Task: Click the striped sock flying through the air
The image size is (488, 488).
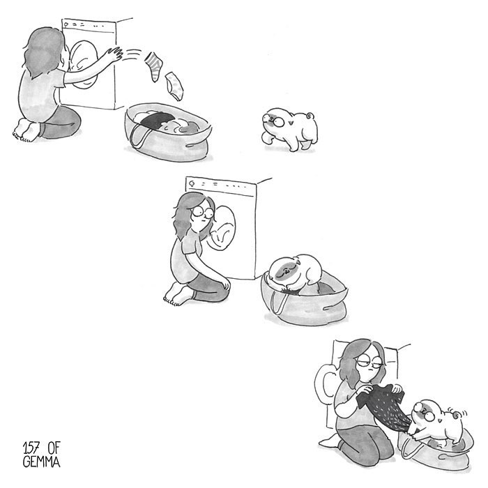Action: tap(153, 66)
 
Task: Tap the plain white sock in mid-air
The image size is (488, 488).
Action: tap(174, 86)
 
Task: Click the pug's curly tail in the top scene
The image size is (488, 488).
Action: tap(310, 116)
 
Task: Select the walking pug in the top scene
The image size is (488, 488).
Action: tap(290, 129)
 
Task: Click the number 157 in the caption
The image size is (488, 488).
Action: tap(31, 448)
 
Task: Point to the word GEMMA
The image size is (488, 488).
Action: tap(41, 462)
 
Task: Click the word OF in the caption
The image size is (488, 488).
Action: tap(54, 448)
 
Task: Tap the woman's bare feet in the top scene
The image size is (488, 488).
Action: tap(26, 130)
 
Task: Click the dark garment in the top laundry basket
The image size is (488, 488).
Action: tap(157, 121)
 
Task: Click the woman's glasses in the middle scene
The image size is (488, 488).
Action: tap(203, 213)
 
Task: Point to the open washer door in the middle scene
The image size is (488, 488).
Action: tap(222, 228)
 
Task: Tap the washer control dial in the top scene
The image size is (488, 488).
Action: tap(66, 24)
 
